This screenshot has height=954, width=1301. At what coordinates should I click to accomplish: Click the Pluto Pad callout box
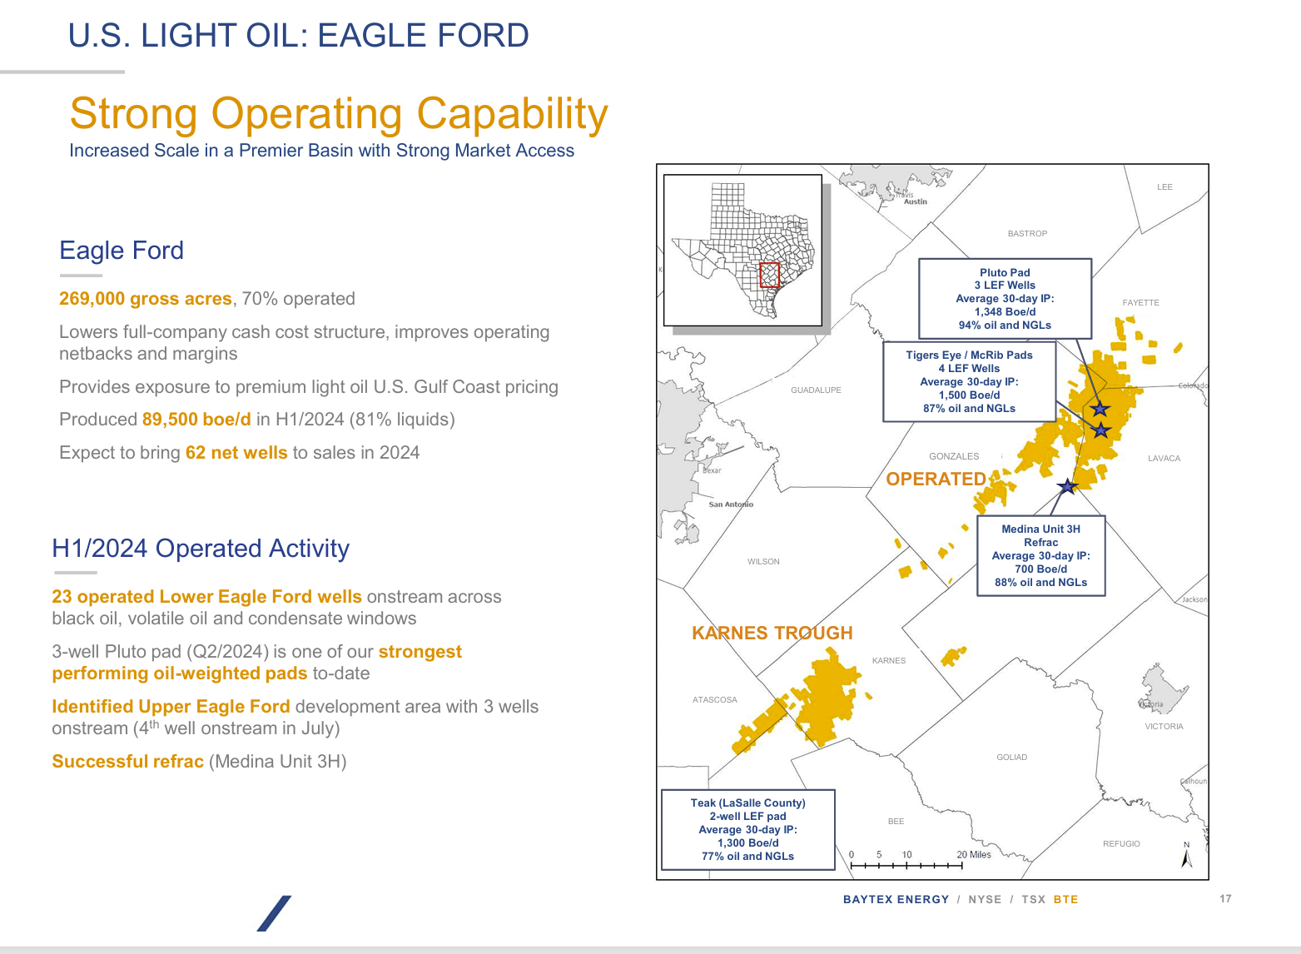pyautogui.click(x=1005, y=298)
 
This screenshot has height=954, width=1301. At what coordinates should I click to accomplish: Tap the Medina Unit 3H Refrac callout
pyautogui.click(x=1040, y=556)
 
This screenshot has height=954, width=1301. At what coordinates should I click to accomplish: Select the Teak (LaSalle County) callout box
pyautogui.click(x=747, y=829)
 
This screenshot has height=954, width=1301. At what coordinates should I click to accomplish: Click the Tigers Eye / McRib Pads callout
pyautogui.click(x=969, y=381)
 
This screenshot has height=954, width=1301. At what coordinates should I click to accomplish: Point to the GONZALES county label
pyautogui.click(x=954, y=456)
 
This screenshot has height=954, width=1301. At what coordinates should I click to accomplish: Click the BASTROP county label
pyautogui.click(x=1027, y=234)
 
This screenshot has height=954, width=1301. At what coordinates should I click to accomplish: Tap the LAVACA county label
pyautogui.click(x=1164, y=459)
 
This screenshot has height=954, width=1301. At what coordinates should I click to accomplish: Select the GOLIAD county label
pyautogui.click(x=1011, y=758)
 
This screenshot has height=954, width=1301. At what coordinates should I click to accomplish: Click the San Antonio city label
pyautogui.click(x=731, y=504)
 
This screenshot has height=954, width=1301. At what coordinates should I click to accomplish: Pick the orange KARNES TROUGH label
pyautogui.click(x=772, y=633)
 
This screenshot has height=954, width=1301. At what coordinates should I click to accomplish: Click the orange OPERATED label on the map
pyautogui.click(x=936, y=479)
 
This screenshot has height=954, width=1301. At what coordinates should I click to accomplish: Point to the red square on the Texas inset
pyautogui.click(x=769, y=275)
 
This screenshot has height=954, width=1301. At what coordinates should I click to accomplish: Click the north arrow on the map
pyautogui.click(x=1187, y=857)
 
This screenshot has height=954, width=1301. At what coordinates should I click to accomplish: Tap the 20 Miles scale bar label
pyautogui.click(x=974, y=855)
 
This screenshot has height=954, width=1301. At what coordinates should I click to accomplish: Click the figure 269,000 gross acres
pyautogui.click(x=145, y=299)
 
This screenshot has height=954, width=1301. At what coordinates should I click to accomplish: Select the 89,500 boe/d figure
pyautogui.click(x=196, y=420)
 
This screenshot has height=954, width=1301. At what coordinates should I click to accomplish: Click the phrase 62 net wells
pyautogui.click(x=236, y=453)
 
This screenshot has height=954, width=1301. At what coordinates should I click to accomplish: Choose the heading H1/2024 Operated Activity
pyautogui.click(x=201, y=549)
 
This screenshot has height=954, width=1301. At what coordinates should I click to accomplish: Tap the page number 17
pyautogui.click(x=1225, y=899)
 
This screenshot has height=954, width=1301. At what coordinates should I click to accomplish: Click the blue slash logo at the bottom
pyautogui.click(x=274, y=913)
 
